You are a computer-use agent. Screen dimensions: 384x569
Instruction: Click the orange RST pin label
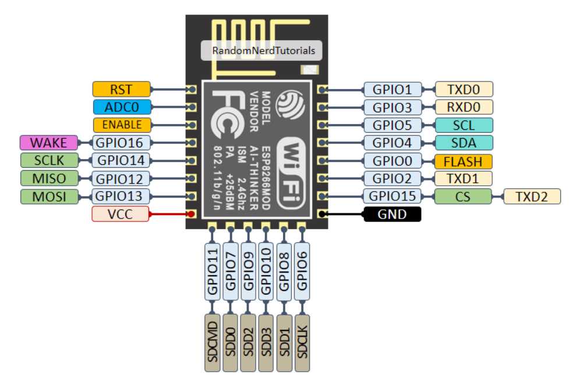click(121, 89)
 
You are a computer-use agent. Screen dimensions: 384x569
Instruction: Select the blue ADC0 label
click(121, 107)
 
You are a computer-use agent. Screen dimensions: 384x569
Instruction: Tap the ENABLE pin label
click(121, 125)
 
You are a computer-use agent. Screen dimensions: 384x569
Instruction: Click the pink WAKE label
click(48, 142)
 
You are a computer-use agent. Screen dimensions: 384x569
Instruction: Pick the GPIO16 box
click(121, 142)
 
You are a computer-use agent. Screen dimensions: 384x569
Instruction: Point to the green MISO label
click(48, 178)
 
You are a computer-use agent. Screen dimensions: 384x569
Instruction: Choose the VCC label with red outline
click(121, 214)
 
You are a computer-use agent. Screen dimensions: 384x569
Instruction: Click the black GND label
click(392, 214)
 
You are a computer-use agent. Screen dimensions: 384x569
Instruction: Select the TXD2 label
click(532, 196)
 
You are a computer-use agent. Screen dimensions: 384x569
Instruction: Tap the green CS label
click(463, 196)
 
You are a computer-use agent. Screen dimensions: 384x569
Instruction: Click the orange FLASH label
click(463, 161)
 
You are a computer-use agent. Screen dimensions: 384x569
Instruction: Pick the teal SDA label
click(463, 143)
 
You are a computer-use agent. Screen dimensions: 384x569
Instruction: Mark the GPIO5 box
click(392, 125)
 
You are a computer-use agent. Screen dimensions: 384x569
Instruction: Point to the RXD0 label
click(463, 107)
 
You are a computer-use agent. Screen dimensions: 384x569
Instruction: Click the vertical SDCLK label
click(302, 342)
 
